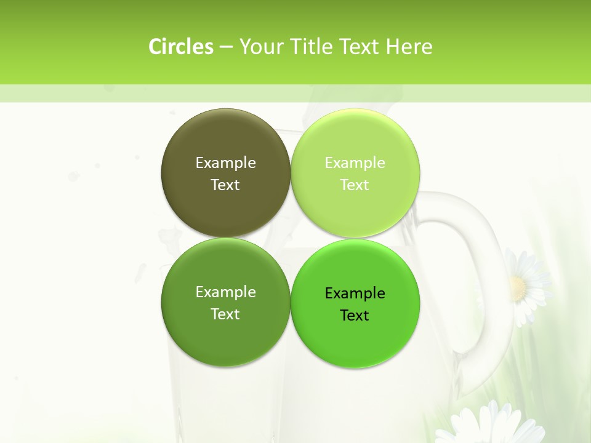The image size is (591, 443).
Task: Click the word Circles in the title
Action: [181, 47]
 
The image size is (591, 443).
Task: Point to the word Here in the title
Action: [409, 47]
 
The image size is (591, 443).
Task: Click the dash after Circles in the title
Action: [226, 47]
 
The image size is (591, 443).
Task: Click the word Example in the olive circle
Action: [225, 162]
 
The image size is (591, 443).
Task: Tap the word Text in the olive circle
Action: [225, 185]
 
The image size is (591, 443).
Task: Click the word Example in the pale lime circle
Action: [355, 162]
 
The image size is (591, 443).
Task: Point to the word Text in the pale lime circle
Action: [355, 185]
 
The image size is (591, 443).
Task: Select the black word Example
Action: [355, 293]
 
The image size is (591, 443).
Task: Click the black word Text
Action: [355, 315]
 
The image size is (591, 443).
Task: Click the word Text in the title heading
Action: [360, 47]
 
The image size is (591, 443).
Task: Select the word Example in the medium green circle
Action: [225, 292]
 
